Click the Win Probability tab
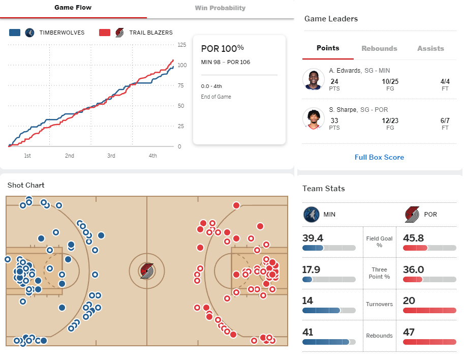[220, 8]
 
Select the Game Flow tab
[73, 8]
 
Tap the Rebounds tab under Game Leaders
[379, 48]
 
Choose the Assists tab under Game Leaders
[430, 48]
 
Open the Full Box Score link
[379, 157]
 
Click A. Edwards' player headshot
[314, 79]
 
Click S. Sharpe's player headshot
[314, 118]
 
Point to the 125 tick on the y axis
[182, 45]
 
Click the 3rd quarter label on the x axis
[111, 156]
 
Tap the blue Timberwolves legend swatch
[15, 33]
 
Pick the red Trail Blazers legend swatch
[105, 33]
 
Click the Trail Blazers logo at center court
[147, 271]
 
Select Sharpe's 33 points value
[334, 121]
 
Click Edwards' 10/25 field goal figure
[390, 81]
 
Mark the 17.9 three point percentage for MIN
[311, 269]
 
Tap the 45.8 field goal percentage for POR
[413, 238]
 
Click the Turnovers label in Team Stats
[379, 304]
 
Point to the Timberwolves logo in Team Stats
[312, 215]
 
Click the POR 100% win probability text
[223, 48]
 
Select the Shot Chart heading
[26, 185]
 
